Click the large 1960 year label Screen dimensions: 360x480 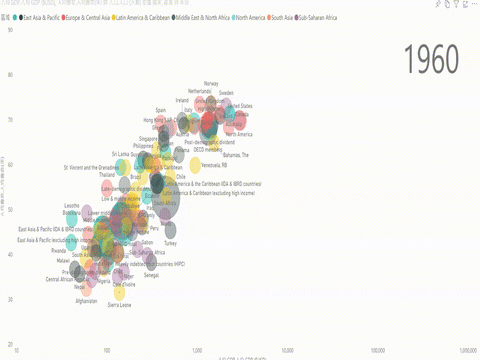point(437,60)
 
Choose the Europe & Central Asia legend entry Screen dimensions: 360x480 point(110,18)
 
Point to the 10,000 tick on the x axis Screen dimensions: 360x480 point(288,351)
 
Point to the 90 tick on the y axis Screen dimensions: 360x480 point(9,30)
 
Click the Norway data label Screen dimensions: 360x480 point(211,83)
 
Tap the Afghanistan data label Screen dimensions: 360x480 point(87,300)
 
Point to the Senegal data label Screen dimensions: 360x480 point(151,275)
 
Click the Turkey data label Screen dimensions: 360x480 point(170,243)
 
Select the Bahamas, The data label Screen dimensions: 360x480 point(236,155)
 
